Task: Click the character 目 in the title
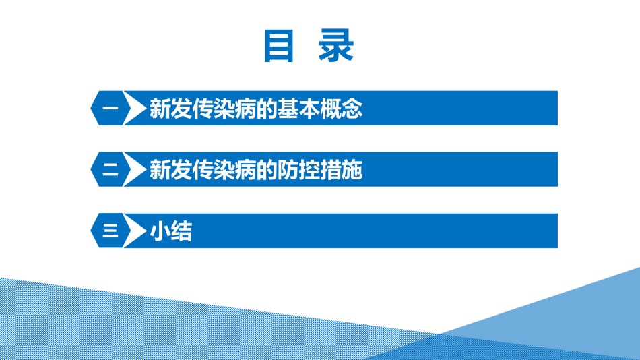pos(279,46)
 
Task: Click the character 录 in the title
pos(336,46)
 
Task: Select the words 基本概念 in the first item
pos(319,109)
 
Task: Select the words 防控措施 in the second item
pos(319,170)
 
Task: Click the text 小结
pos(170,231)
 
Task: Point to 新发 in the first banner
pos(170,109)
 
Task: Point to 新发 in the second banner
pos(170,170)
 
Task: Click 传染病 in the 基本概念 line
pos(224,109)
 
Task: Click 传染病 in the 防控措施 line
pos(224,170)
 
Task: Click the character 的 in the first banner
pos(267,109)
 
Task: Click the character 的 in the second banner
pos(267,170)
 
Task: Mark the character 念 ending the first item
pos(352,109)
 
